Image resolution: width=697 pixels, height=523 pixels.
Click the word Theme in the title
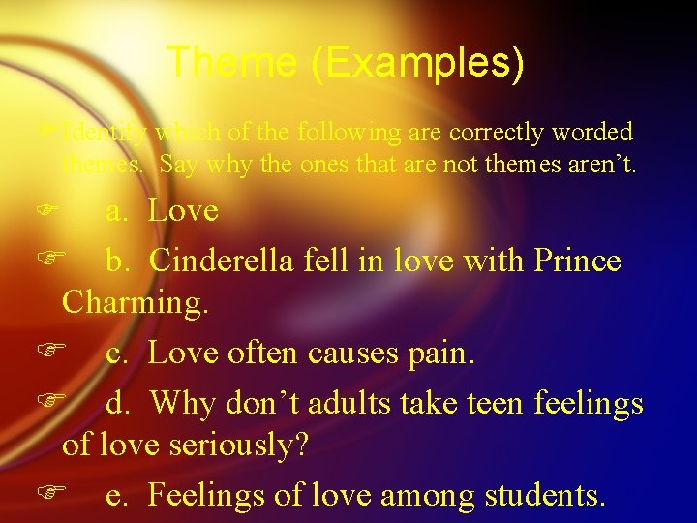pyautogui.click(x=229, y=62)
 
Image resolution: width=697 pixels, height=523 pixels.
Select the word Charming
pyautogui.click(x=136, y=303)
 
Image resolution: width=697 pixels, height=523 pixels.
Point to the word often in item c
pyautogui.click(x=264, y=354)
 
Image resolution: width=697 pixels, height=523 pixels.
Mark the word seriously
pyautogui.click(x=251, y=445)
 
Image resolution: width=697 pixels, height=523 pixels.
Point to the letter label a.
pyautogui.click(x=116, y=210)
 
